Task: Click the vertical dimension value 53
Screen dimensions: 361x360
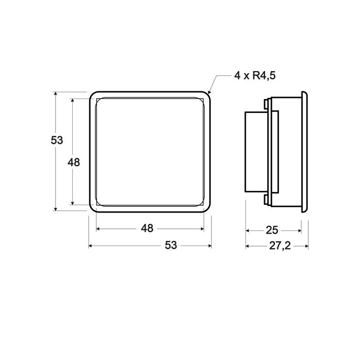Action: coord(57,140)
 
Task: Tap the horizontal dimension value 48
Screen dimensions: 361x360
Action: coord(148,228)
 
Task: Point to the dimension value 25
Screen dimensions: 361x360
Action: coord(273,230)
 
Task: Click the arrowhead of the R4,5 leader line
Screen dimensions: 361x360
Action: coord(209,93)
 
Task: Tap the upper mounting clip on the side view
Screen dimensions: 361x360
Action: coord(266,104)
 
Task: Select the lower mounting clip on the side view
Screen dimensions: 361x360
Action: coord(266,200)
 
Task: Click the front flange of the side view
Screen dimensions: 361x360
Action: coord(305,152)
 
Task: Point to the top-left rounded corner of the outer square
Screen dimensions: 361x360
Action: coord(92,95)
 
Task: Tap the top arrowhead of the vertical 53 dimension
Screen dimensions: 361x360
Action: coord(55,94)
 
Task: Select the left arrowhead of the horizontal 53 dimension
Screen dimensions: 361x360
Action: coord(91,246)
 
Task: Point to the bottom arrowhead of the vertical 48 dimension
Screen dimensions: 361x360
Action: coord(72,203)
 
